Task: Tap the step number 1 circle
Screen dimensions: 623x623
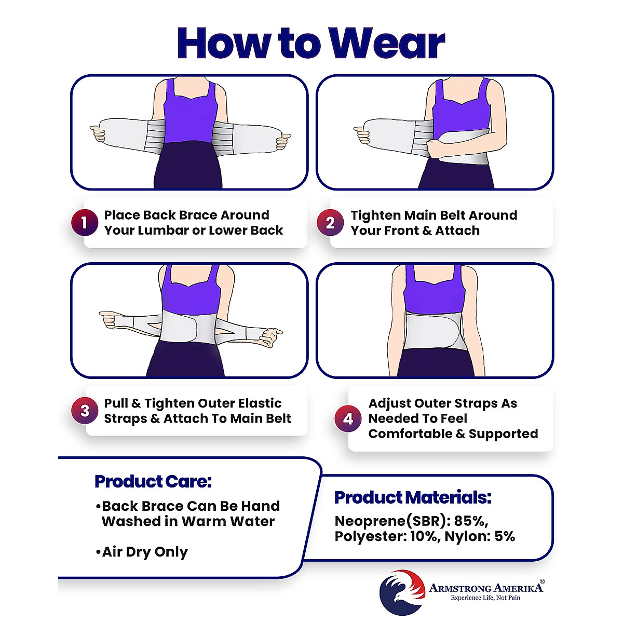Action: click(x=84, y=223)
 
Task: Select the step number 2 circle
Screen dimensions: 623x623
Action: click(x=330, y=223)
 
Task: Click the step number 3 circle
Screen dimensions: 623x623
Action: click(x=85, y=411)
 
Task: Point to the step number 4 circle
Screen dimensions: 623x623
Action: click(x=348, y=418)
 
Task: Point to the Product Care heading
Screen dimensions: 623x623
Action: click(x=153, y=482)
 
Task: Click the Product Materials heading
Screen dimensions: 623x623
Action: click(x=413, y=497)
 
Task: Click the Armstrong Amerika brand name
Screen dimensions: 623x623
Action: click(x=486, y=588)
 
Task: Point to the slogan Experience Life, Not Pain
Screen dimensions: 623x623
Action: click(x=485, y=598)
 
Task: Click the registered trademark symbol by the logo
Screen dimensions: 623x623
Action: click(x=543, y=581)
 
